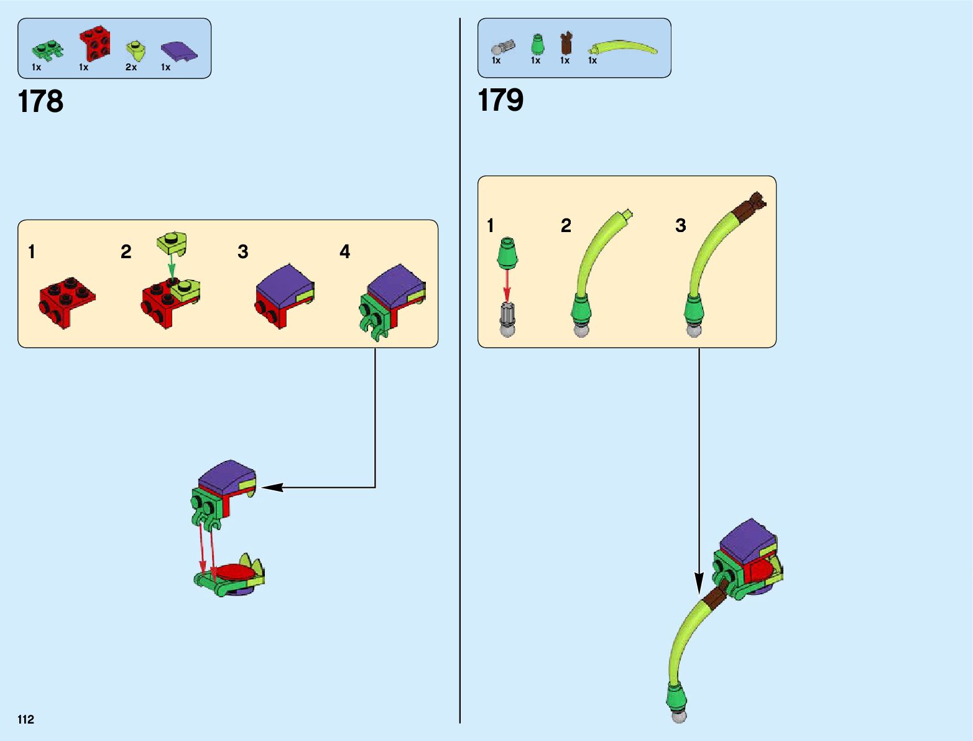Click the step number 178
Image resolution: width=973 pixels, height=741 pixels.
click(x=41, y=101)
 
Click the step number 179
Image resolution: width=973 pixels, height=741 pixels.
click(x=500, y=100)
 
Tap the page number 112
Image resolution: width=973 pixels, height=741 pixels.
click(x=25, y=720)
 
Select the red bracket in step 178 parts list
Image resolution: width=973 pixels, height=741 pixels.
click(x=95, y=43)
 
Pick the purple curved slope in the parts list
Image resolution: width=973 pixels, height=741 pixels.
click(x=179, y=51)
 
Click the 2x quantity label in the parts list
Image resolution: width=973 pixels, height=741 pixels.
click(x=131, y=67)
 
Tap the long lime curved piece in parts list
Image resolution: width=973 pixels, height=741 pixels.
click(x=623, y=47)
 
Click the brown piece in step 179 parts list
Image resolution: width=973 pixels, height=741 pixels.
click(x=565, y=44)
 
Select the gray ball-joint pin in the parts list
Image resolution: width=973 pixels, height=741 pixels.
click(x=502, y=47)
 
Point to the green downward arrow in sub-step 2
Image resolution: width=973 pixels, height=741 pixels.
click(x=172, y=266)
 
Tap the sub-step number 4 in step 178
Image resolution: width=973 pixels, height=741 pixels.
click(x=344, y=252)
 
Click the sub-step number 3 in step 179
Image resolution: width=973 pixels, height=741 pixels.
click(x=680, y=225)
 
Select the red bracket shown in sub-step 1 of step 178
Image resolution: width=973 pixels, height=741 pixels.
click(x=67, y=301)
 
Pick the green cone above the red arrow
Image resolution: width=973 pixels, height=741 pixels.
click(x=507, y=253)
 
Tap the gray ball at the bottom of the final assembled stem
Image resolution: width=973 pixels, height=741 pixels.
click(x=679, y=716)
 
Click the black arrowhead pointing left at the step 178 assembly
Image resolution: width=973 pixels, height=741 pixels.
click(x=272, y=487)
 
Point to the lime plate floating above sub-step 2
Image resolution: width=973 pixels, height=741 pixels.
click(x=173, y=243)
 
